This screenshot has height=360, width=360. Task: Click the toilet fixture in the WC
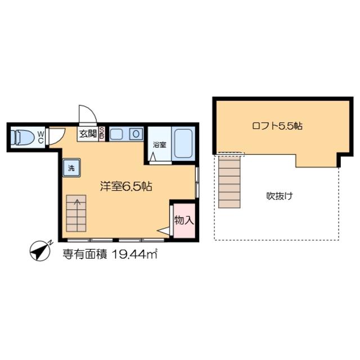click(x=22, y=137)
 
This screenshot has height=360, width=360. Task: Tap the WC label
click(x=40, y=137)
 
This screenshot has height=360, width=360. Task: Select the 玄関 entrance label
click(x=88, y=133)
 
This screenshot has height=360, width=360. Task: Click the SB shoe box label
click(x=101, y=133)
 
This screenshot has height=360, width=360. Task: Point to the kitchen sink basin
click(x=116, y=134)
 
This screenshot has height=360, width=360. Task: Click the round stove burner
click(x=136, y=134)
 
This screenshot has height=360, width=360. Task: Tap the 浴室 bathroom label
click(x=160, y=145)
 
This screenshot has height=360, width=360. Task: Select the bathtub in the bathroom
click(x=183, y=143)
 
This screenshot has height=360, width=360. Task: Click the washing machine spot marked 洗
click(x=71, y=168)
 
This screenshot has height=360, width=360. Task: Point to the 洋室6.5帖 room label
click(x=126, y=186)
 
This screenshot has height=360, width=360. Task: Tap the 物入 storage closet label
click(x=184, y=220)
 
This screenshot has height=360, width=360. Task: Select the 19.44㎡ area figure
click(x=134, y=254)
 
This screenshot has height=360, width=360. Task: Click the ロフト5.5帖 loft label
click(x=277, y=126)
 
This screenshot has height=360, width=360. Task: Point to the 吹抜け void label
click(x=280, y=196)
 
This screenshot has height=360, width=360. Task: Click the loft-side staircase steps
click(x=229, y=181)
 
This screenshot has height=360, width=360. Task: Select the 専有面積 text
click(x=85, y=254)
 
